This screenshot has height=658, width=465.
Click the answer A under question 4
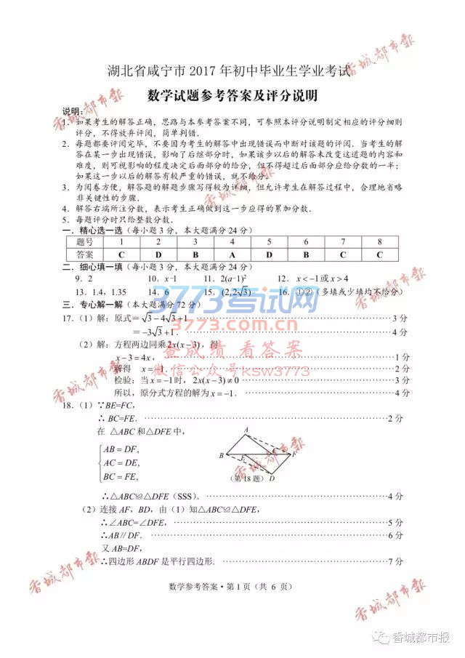tap(232, 254)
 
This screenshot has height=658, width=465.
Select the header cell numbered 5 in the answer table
tap(268, 241)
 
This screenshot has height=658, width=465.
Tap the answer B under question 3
tap(195, 254)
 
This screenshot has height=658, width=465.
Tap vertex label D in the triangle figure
tap(272, 478)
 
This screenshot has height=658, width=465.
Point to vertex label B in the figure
tap(221, 456)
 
